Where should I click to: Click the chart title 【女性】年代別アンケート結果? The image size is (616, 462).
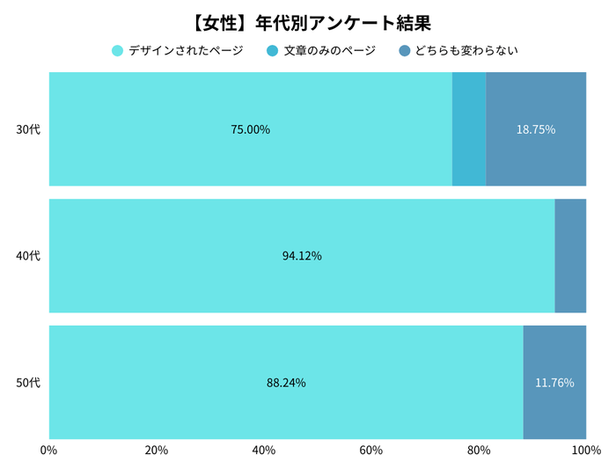point(308,20)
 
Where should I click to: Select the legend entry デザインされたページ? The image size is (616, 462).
point(178,51)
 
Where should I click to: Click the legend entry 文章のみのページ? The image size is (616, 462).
point(321,51)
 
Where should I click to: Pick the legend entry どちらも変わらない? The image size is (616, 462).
point(458,51)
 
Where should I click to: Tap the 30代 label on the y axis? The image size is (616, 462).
point(28,129)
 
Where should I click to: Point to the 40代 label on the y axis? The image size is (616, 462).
point(28,256)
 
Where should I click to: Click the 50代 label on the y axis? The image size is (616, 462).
point(28,383)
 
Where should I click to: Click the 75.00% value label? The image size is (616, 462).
point(250,129)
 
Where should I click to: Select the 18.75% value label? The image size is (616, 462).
point(535,129)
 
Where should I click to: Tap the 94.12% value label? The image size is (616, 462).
point(302,256)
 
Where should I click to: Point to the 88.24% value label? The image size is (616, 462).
point(286,383)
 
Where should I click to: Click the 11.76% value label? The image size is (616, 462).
point(554,383)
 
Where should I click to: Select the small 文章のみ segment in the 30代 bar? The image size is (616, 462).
point(469,129)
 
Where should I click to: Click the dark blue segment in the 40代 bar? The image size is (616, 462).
point(570,256)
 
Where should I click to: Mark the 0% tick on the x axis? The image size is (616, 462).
point(49,451)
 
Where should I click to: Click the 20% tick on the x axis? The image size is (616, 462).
point(157,451)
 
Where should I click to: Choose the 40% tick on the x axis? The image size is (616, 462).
point(264,451)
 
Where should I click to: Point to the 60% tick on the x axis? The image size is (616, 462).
point(371,451)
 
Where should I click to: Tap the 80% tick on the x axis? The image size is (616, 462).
point(479,451)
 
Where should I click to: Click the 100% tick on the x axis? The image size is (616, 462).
point(584,451)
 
